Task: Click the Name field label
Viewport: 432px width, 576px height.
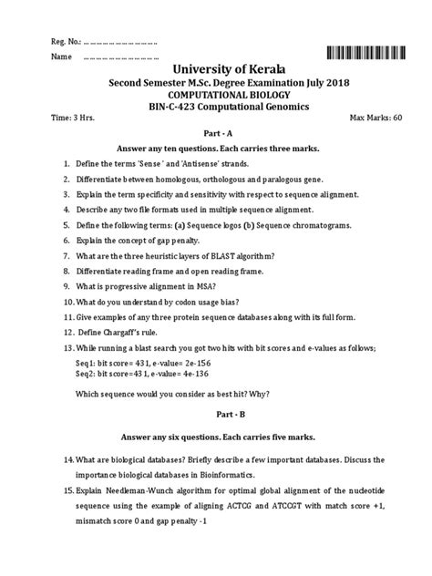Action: point(61,57)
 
